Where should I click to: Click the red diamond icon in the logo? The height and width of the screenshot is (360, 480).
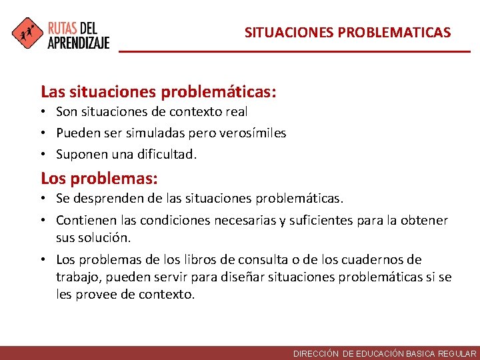pyautogui.click(x=27, y=33)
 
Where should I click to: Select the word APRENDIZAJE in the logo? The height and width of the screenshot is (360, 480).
pyautogui.click(x=78, y=41)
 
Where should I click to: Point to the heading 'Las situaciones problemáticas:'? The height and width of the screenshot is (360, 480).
pyautogui.click(x=159, y=91)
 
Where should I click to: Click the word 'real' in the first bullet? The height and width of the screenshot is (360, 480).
pyautogui.click(x=236, y=112)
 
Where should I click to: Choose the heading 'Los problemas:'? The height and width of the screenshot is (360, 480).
pyautogui.click(x=99, y=178)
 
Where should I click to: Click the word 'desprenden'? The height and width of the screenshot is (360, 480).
pyautogui.click(x=102, y=199)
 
